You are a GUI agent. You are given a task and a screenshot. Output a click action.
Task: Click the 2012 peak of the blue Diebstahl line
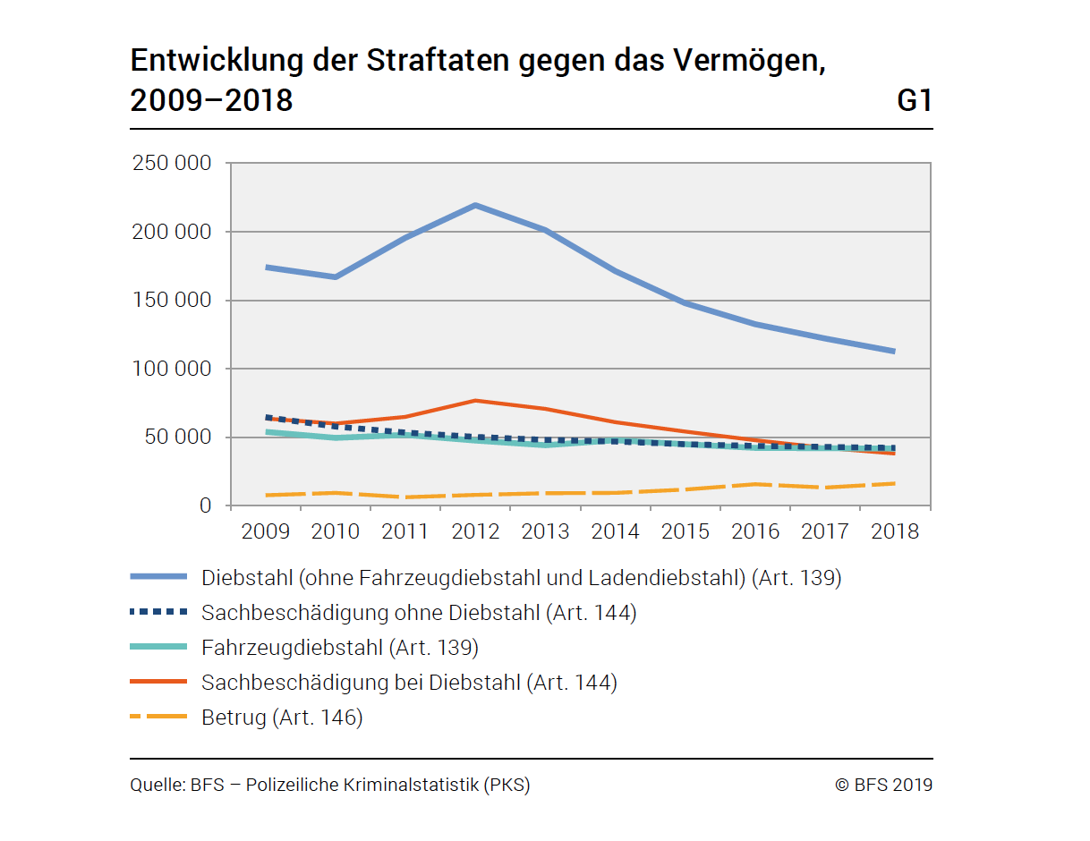(475, 205)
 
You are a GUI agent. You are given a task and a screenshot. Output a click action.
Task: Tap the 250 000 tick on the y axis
(172, 164)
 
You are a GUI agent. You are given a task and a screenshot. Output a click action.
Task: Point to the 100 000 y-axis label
(172, 369)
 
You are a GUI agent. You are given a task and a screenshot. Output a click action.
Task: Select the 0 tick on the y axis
(205, 506)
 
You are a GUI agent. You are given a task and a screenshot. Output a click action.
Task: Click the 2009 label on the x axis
(266, 531)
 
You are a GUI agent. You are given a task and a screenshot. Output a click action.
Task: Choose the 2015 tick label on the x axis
(686, 531)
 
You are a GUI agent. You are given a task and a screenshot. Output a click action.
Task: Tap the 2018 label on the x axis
(895, 531)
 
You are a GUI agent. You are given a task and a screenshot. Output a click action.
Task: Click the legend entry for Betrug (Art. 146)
(282, 718)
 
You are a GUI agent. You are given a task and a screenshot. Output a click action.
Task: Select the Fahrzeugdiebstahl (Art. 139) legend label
(340, 647)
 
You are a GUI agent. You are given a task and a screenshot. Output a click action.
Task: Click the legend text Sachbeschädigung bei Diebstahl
(409, 683)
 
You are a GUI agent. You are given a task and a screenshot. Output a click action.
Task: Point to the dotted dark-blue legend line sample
(158, 613)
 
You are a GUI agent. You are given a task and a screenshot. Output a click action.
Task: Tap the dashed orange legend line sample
(158, 718)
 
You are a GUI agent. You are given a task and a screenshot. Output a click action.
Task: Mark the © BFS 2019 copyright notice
(883, 786)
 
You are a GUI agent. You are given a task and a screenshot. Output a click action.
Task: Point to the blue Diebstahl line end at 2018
(892, 351)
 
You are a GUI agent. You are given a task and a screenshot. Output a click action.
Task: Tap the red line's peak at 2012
(475, 401)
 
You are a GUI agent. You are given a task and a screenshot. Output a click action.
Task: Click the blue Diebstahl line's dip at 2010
(336, 277)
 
